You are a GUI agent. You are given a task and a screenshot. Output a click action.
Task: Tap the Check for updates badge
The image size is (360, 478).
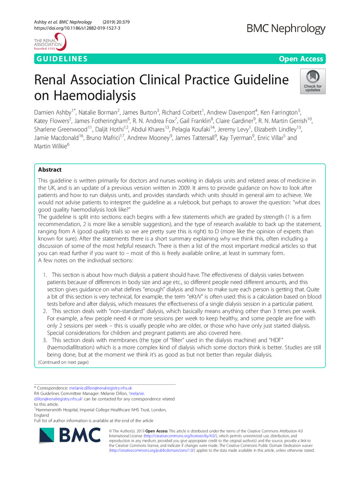click(x=313, y=80)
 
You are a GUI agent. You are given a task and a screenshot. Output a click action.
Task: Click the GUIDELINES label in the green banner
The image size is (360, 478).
click(x=61, y=59)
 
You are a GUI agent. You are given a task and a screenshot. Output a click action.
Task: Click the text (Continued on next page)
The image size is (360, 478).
click(x=62, y=363)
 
